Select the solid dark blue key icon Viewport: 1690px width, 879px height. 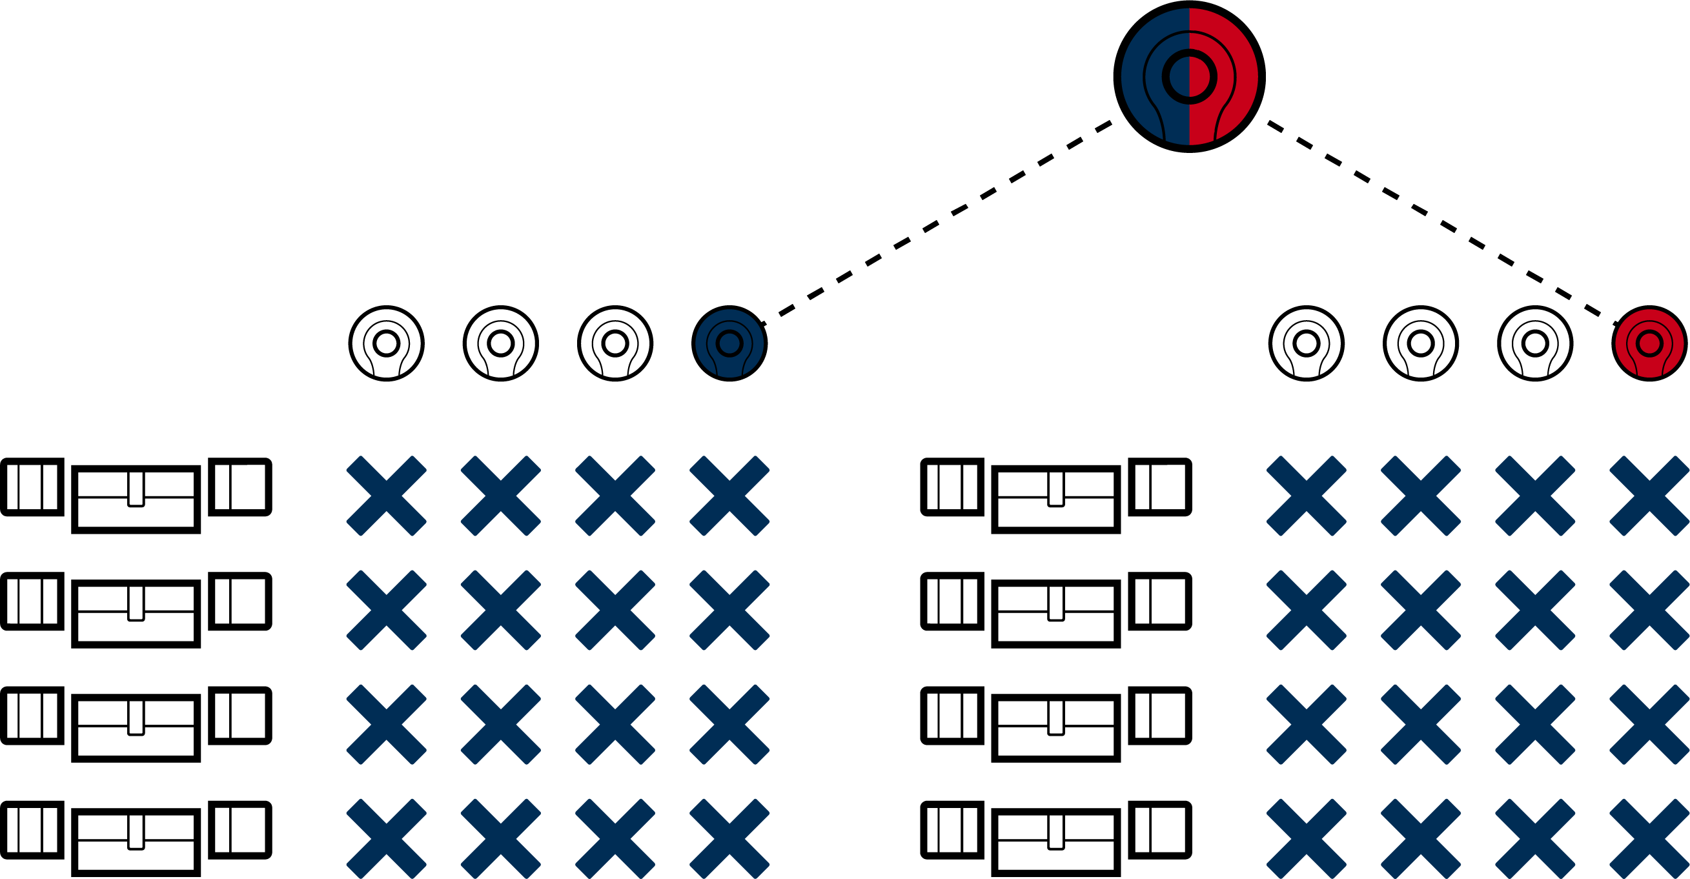729,343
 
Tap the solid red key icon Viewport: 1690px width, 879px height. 1649,343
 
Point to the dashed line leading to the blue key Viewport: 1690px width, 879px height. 938,221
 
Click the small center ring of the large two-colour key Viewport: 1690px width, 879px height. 1190,77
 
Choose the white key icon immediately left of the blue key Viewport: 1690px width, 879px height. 615,343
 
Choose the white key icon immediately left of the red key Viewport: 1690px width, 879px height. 1535,343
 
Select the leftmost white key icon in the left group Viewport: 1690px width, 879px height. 387,343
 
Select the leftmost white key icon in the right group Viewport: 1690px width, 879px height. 1306,343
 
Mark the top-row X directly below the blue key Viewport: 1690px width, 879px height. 729,496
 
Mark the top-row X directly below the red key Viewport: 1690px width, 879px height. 1649,496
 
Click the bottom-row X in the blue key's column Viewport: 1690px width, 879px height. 729,839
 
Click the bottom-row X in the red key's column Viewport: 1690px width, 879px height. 1649,839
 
